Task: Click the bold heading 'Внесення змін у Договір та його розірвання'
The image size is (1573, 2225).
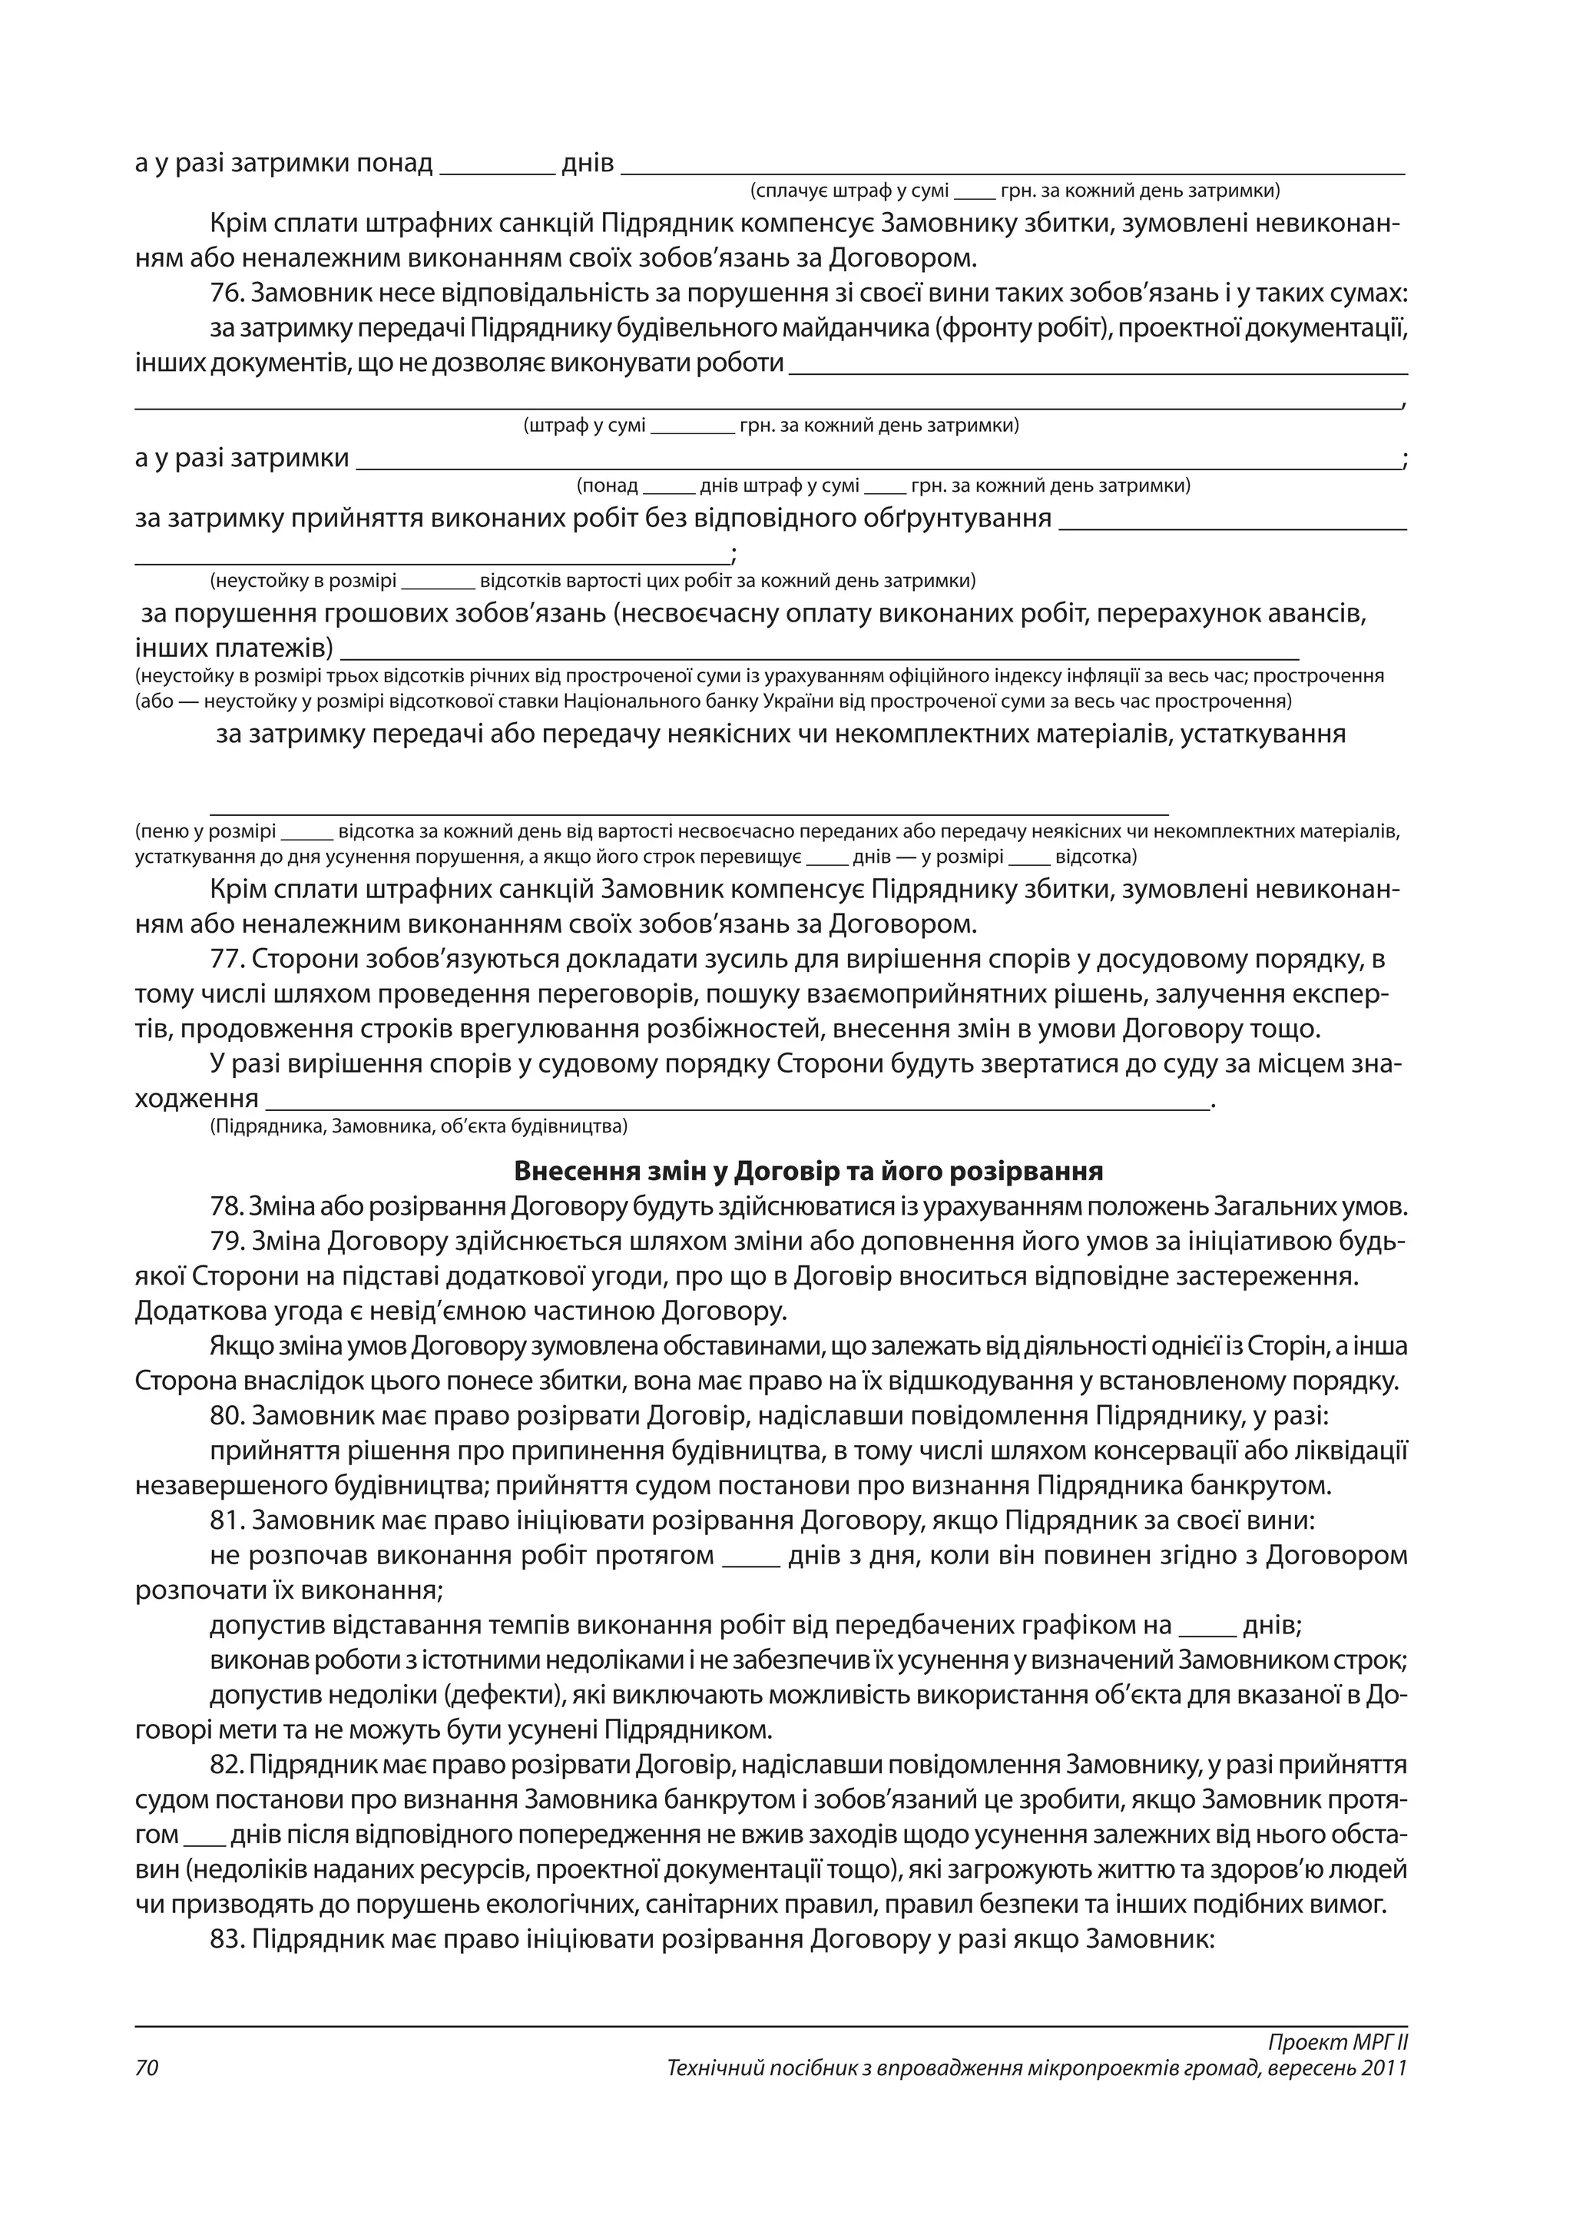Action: pos(808,1172)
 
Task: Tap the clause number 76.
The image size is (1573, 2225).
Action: pos(227,293)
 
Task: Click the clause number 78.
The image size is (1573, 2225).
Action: pos(226,1208)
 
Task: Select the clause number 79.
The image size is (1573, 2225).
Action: pos(227,1242)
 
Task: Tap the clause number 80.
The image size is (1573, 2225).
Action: pos(227,1417)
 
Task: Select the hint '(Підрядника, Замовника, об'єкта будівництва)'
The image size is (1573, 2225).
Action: pos(419,1126)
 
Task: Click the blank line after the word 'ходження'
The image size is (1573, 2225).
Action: pos(736,1101)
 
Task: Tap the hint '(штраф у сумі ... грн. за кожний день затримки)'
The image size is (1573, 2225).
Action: pos(771,426)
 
